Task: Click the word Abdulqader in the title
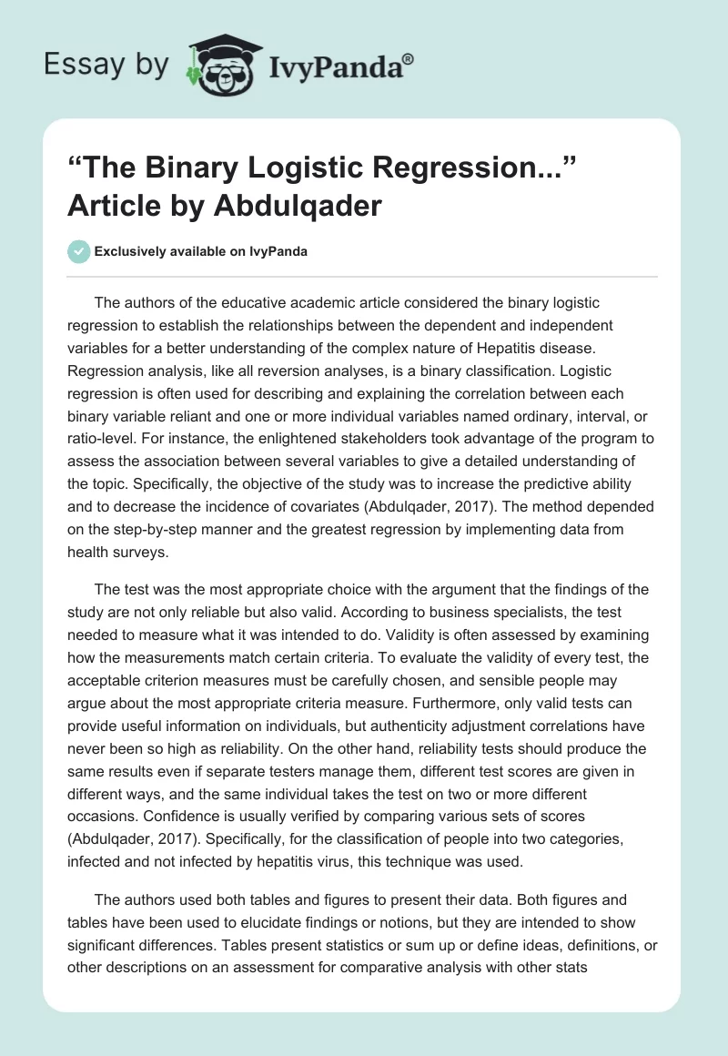[x=298, y=205]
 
